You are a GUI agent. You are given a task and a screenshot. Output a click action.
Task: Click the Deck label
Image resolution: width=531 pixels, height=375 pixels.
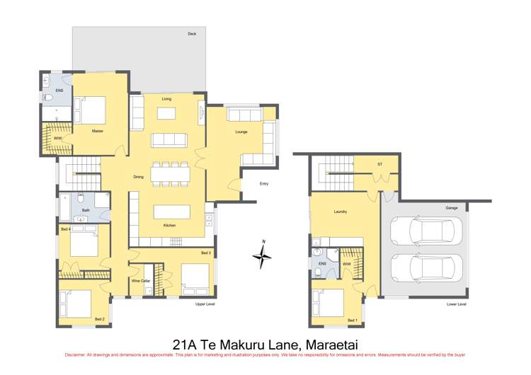coord(192,34)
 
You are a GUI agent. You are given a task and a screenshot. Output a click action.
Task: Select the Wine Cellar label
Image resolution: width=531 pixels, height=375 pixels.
coord(140,281)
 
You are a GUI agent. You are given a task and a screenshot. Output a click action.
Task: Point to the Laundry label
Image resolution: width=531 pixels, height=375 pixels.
coord(339,212)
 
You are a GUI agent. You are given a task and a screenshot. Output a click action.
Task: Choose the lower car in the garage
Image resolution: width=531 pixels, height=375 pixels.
coord(427,268)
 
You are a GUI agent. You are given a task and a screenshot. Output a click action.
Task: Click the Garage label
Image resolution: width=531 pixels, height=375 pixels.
coord(451,207)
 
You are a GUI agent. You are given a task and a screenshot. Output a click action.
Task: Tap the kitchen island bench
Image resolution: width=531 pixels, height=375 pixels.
coord(172,212)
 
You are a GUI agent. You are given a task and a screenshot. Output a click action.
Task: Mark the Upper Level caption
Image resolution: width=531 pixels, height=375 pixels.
coord(205,304)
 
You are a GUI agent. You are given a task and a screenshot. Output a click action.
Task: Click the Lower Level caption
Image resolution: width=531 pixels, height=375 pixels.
coord(457,304)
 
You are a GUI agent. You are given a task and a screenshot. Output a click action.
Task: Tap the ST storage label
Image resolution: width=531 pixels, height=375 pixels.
coord(379,164)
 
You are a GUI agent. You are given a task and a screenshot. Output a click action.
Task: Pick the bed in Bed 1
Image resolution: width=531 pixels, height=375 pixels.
coord(329,301)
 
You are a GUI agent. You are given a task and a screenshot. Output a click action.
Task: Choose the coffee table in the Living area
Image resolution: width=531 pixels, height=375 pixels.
coord(166,113)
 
